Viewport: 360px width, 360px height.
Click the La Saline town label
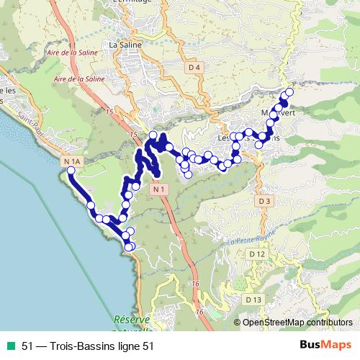tap(123, 44)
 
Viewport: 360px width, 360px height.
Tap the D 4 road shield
tap(192, 68)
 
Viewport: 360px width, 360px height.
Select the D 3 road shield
tap(264, 201)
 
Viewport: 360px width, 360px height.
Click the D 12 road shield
tap(257, 254)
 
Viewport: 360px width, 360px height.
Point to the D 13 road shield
tap(252, 299)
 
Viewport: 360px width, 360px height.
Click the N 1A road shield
tap(72, 161)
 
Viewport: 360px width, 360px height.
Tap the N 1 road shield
tap(160, 189)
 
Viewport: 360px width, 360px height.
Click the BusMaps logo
tap(325, 345)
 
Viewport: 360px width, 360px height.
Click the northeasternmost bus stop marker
tap(289, 91)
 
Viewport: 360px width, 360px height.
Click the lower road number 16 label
tap(200, 312)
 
